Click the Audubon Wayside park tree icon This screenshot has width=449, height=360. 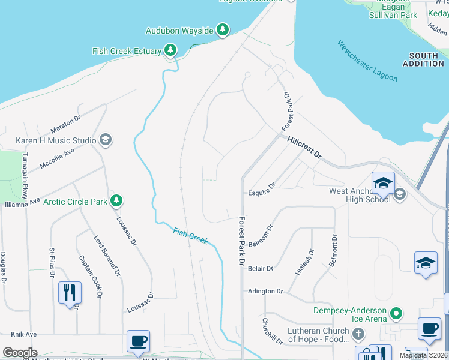(x=223, y=30)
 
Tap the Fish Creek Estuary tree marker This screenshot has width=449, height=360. (x=170, y=51)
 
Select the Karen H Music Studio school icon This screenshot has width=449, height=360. (x=105, y=140)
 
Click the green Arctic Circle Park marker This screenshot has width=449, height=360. (x=117, y=201)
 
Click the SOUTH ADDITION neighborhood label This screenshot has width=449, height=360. (x=424, y=59)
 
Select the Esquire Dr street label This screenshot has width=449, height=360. (x=261, y=193)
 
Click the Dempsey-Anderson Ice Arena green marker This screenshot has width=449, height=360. (x=396, y=313)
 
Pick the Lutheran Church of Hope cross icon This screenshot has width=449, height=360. (x=358, y=334)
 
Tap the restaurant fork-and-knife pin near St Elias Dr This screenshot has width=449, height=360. (x=69, y=293)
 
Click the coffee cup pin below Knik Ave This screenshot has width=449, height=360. (x=138, y=341)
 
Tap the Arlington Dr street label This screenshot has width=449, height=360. (x=265, y=291)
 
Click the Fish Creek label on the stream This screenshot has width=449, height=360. (x=190, y=235)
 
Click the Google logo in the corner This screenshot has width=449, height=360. (x=20, y=353)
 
